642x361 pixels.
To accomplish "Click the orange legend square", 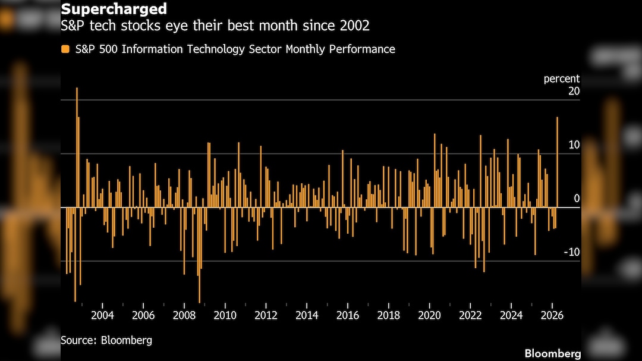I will tap(65, 49).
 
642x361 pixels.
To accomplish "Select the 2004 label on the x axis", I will tap(103, 315).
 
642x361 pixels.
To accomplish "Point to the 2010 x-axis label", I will tap(225, 315).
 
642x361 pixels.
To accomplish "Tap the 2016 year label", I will tap(348, 315).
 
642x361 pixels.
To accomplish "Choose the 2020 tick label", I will tap(430, 315).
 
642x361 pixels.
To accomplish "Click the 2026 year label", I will tap(552, 315).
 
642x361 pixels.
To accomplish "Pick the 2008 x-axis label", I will tap(184, 315).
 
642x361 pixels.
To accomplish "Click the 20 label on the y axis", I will tap(574, 91).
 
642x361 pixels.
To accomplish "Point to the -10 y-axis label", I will tap(572, 252).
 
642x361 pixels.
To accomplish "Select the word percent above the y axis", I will tap(562, 79).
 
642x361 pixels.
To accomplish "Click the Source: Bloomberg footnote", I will tap(106, 340).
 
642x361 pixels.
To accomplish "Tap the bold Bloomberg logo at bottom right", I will tap(552, 353).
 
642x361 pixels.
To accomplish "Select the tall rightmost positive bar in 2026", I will tap(557, 161).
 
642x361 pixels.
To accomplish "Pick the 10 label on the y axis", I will tap(574, 145).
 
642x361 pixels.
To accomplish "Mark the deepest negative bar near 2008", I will tap(200, 256).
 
